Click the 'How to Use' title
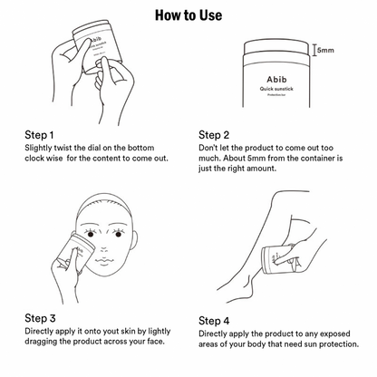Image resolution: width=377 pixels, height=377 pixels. point(188,15)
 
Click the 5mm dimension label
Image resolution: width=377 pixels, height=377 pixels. point(324,52)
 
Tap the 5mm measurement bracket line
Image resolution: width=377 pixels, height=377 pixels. point(313,52)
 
